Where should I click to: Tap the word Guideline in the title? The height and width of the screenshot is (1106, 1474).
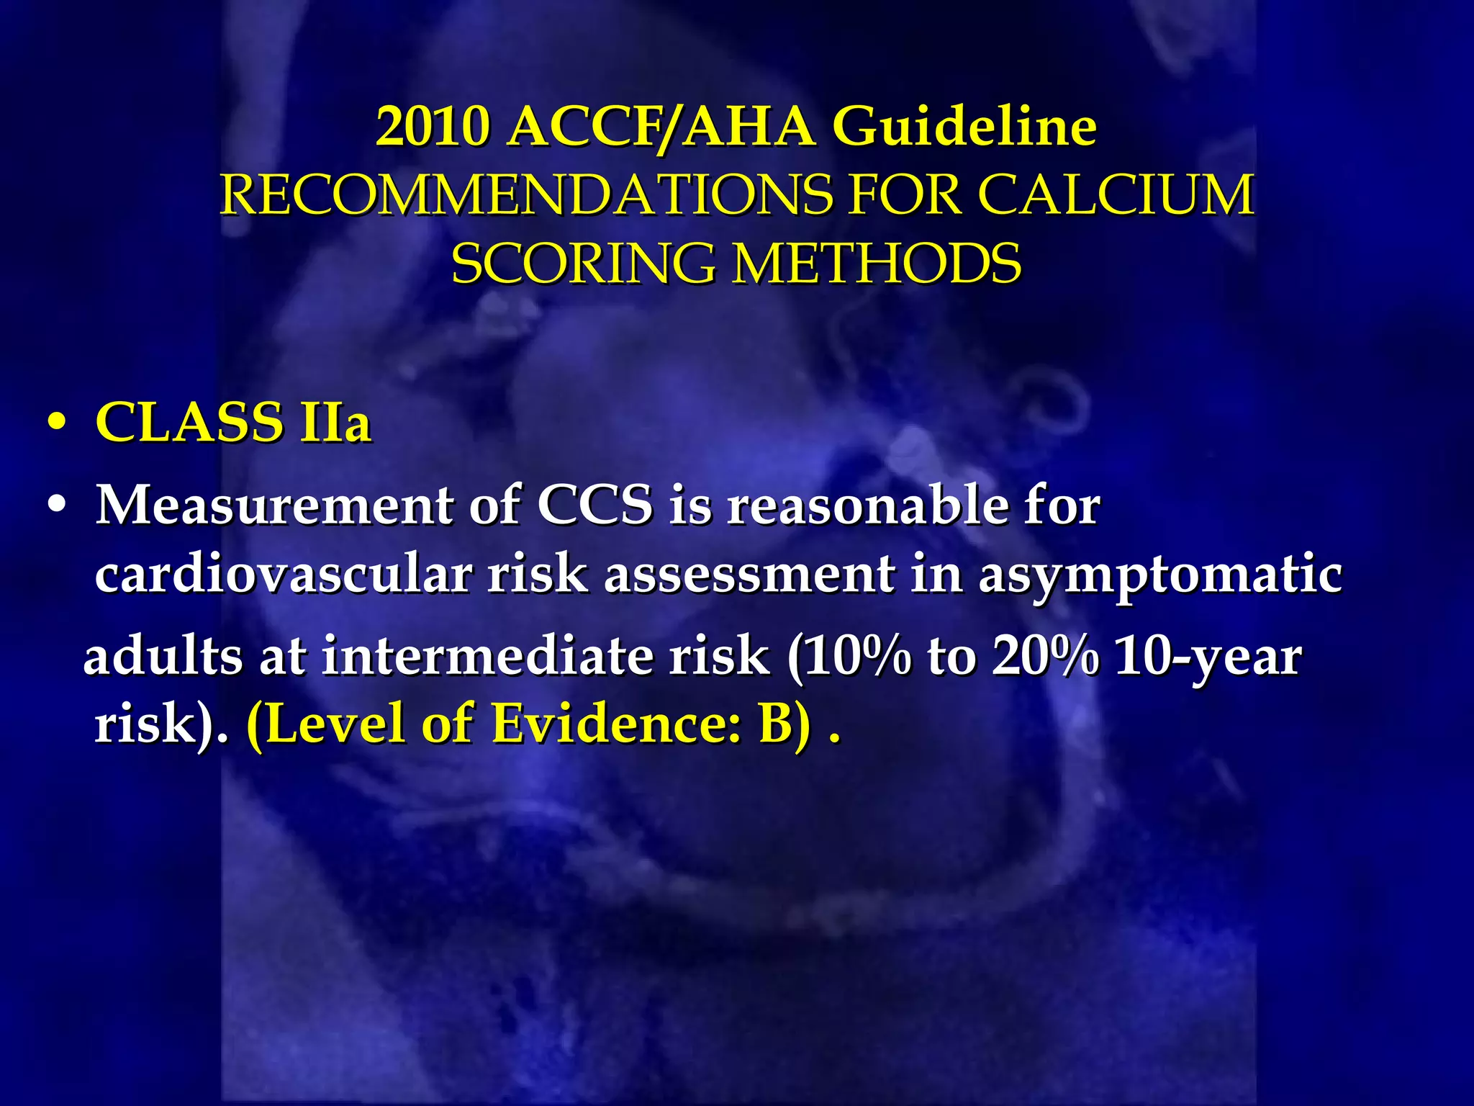964,127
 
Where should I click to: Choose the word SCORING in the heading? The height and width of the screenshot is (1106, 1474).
583,263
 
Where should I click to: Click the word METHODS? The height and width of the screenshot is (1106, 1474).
877,263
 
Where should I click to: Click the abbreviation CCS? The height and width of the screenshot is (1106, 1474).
595,505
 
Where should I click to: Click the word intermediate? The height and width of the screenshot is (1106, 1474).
545,657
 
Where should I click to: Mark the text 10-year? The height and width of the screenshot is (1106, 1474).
1208,658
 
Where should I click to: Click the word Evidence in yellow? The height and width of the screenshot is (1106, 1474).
617,724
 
